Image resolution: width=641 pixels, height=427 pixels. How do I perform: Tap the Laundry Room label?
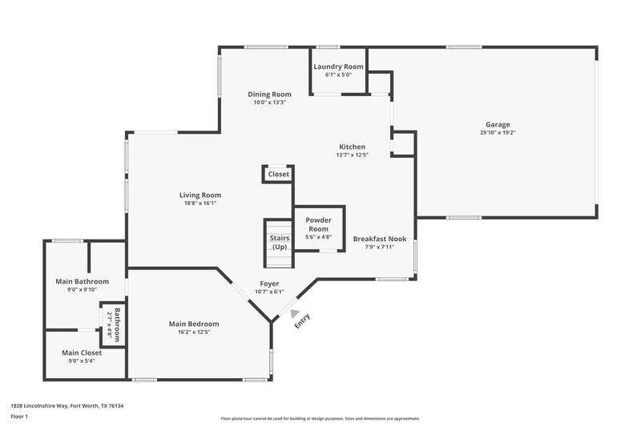click(x=338, y=66)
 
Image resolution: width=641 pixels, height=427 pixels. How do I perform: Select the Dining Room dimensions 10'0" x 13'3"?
click(x=270, y=103)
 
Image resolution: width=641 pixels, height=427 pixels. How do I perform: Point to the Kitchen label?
click(x=353, y=147)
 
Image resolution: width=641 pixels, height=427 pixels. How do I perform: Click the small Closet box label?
click(x=278, y=174)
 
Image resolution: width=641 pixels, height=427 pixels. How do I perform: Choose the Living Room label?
click(x=200, y=195)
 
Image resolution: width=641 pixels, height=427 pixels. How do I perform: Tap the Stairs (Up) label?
click(x=280, y=242)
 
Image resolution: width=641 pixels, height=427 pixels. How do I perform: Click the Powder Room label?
click(x=318, y=224)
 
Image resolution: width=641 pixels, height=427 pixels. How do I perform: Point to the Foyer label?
click(x=269, y=284)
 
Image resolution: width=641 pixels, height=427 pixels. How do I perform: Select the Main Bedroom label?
click(x=193, y=324)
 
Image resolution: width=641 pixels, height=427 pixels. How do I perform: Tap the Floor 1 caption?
click(x=20, y=417)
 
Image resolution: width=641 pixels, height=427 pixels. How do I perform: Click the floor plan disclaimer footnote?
click(x=320, y=418)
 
